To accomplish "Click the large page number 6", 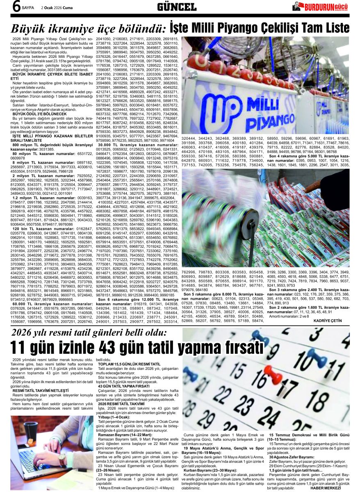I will [16, 7].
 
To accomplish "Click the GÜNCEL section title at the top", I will [177, 7].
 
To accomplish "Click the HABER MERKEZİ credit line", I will [326, 487].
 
